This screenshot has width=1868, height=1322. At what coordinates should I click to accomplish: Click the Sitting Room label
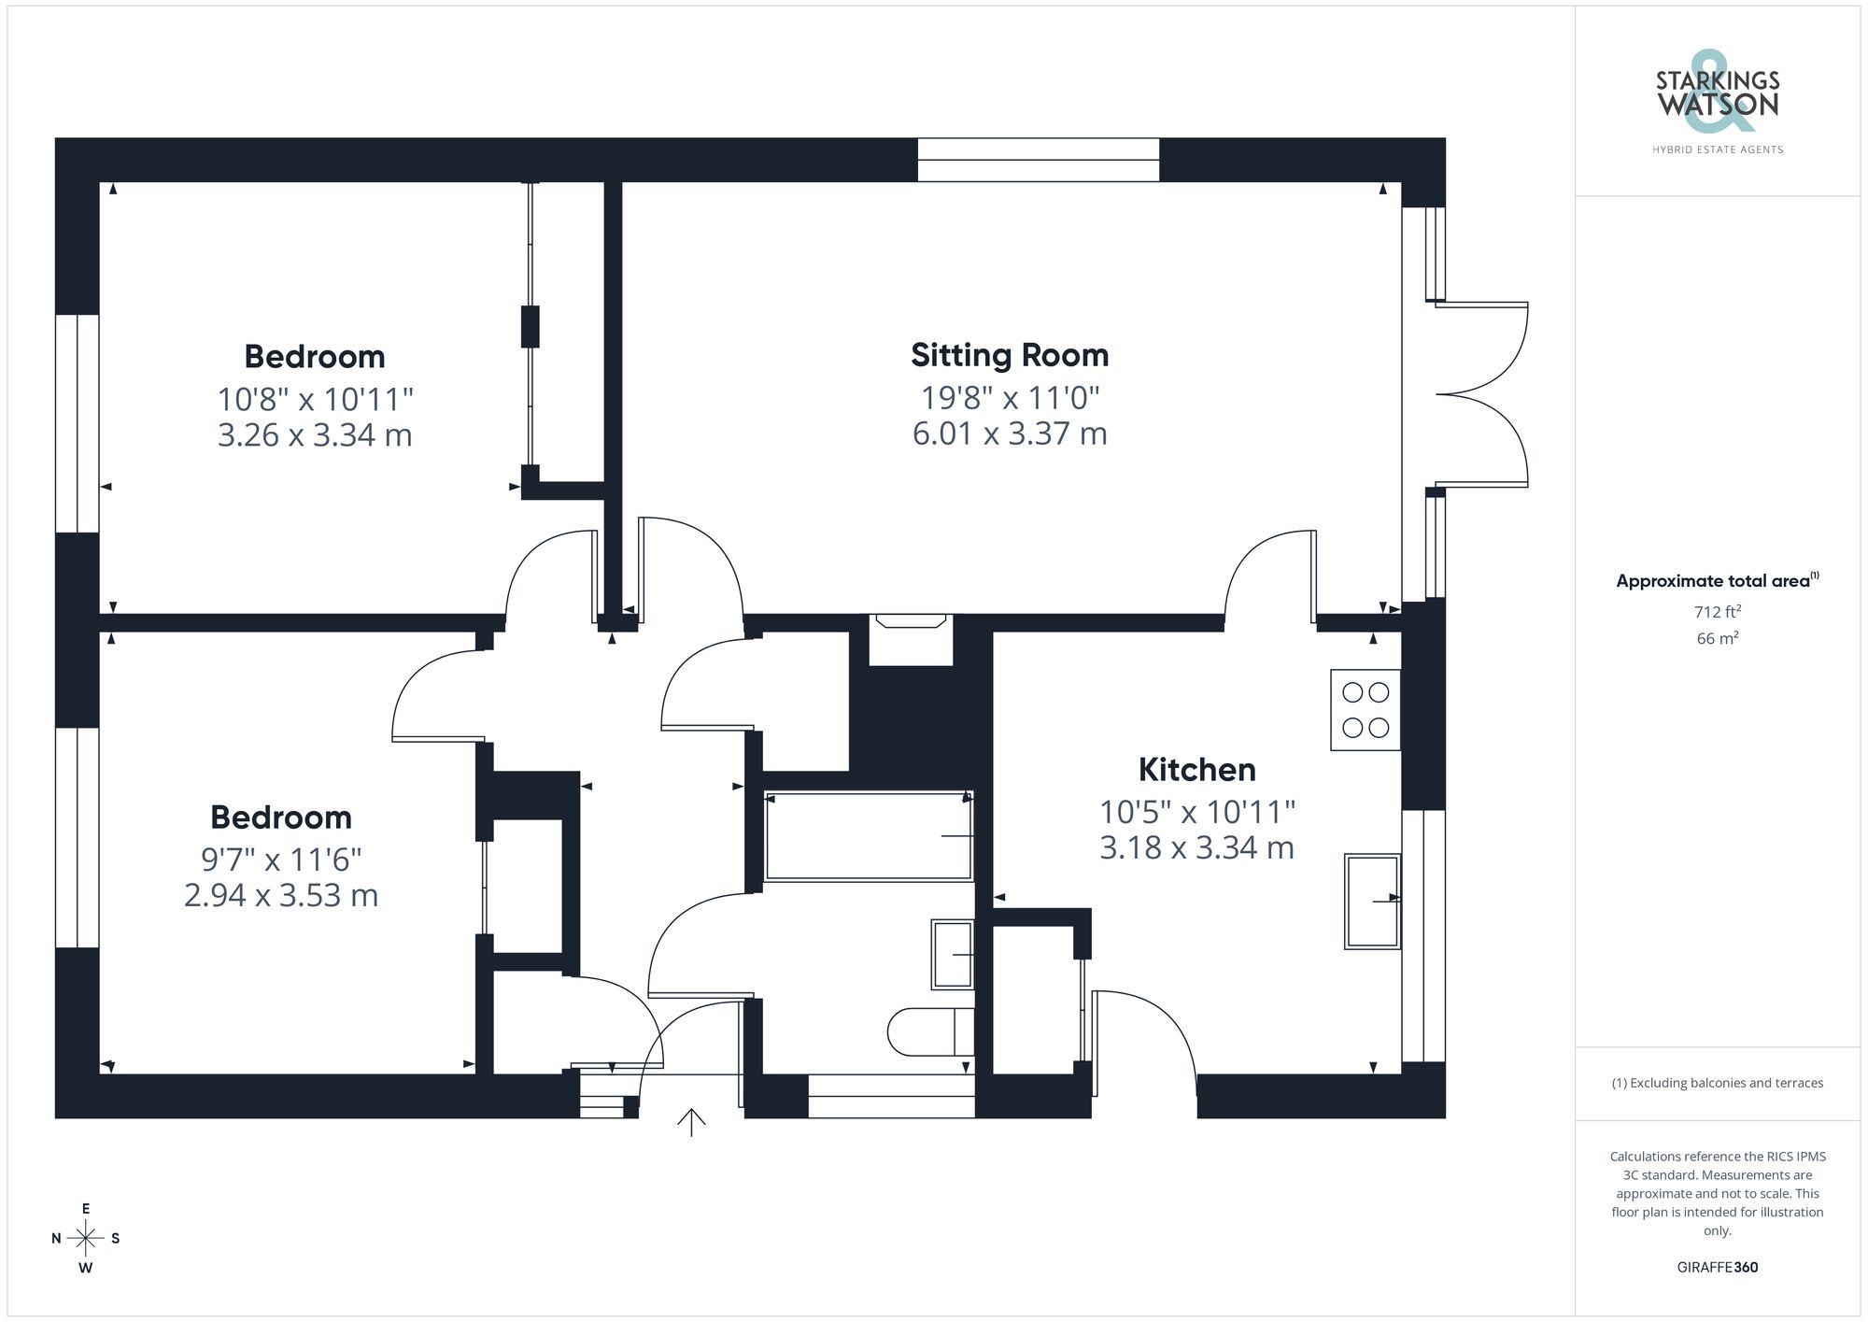pos(1010,355)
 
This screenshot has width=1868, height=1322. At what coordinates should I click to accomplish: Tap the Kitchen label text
pos(1196,770)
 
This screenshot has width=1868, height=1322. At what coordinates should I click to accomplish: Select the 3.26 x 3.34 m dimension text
pos(315,435)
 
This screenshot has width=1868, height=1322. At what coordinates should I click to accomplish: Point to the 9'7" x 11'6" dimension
pos(281,859)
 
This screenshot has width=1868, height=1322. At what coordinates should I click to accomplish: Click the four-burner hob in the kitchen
pos(1365,710)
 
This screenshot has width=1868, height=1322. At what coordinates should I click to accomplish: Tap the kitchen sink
pos(1371,901)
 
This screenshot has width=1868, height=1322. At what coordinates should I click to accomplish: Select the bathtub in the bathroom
pos(868,836)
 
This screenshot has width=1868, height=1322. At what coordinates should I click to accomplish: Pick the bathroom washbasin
pos(952,954)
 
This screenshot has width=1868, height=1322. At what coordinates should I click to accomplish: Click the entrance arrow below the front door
pos(691,1122)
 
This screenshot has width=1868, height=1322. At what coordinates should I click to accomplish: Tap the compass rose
pos(85,1239)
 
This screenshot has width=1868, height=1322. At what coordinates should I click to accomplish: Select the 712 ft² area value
pos(1717,612)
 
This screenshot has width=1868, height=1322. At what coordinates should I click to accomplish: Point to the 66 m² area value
pos(1717,638)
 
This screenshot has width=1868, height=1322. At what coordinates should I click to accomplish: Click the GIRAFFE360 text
pos(1717,1267)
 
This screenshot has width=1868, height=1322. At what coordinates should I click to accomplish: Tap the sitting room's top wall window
pos(1038,160)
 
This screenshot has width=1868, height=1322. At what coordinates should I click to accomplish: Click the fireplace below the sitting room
pos(910,639)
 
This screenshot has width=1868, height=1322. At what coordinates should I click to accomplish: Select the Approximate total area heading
pos(1717,580)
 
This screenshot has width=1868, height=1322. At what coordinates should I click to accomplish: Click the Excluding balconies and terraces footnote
pos(1717,1083)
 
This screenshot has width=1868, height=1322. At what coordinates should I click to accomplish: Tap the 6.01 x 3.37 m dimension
pos(1010,434)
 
